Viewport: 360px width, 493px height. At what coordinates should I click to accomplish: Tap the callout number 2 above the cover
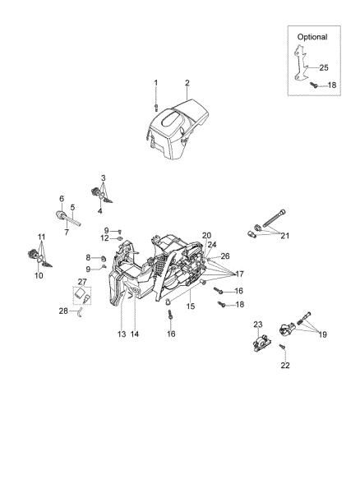point(187,83)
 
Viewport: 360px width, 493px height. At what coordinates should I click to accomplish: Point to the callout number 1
point(156,83)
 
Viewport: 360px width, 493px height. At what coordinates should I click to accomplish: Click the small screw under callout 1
point(156,104)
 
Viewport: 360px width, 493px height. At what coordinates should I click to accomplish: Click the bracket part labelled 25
point(299,66)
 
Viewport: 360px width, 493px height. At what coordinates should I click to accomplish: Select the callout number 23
point(257,324)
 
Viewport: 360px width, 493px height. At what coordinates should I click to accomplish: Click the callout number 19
point(322,334)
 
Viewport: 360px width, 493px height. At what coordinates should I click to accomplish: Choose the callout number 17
point(240,274)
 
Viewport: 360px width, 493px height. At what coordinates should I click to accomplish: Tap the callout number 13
point(121,334)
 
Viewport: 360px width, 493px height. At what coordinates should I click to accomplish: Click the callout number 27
point(82,282)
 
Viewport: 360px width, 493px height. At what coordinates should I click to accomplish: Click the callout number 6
point(61,198)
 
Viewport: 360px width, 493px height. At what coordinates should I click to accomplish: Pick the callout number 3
point(103,178)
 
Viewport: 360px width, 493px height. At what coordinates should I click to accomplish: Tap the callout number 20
point(206,236)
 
